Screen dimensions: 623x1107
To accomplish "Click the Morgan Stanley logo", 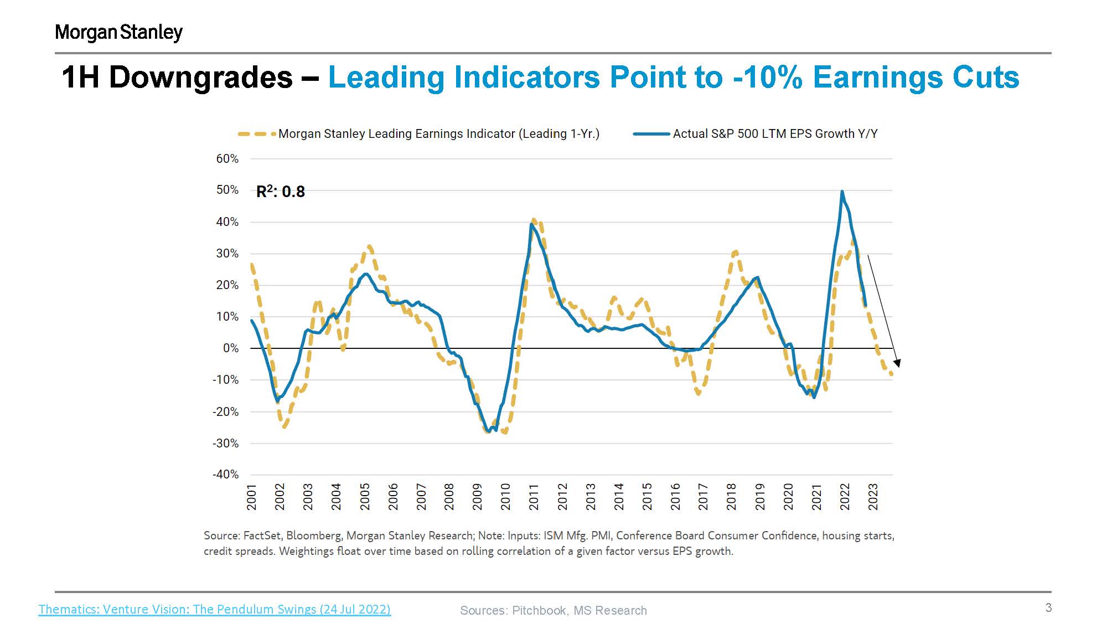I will coord(118,32).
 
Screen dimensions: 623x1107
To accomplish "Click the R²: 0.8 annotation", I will coord(281,192).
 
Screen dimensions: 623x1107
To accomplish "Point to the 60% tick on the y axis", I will coord(227,159).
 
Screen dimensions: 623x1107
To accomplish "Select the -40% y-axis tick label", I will coord(225,475).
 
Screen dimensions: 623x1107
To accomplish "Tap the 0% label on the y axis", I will coord(231,348).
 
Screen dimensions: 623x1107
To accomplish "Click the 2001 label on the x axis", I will coord(252,497).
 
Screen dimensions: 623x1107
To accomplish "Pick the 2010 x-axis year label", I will coord(505,497).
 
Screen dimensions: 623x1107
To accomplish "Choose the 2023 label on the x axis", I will coord(873,497).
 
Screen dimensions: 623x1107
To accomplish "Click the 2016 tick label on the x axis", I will coord(675,497).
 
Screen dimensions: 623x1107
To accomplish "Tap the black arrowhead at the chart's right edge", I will coord(897,363).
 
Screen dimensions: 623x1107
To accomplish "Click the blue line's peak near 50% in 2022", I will coord(842,192).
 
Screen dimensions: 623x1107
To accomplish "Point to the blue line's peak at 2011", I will coord(531,224).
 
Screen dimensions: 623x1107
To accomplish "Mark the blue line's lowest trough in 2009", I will coord(488,431).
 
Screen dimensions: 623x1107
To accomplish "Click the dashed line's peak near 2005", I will coord(369,246).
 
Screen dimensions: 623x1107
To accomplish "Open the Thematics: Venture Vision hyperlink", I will coord(214,609).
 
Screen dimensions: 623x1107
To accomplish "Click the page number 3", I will coord(1048,607).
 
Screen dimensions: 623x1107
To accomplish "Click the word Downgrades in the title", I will coord(200,77).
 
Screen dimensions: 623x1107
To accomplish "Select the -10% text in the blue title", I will coord(767,77).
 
